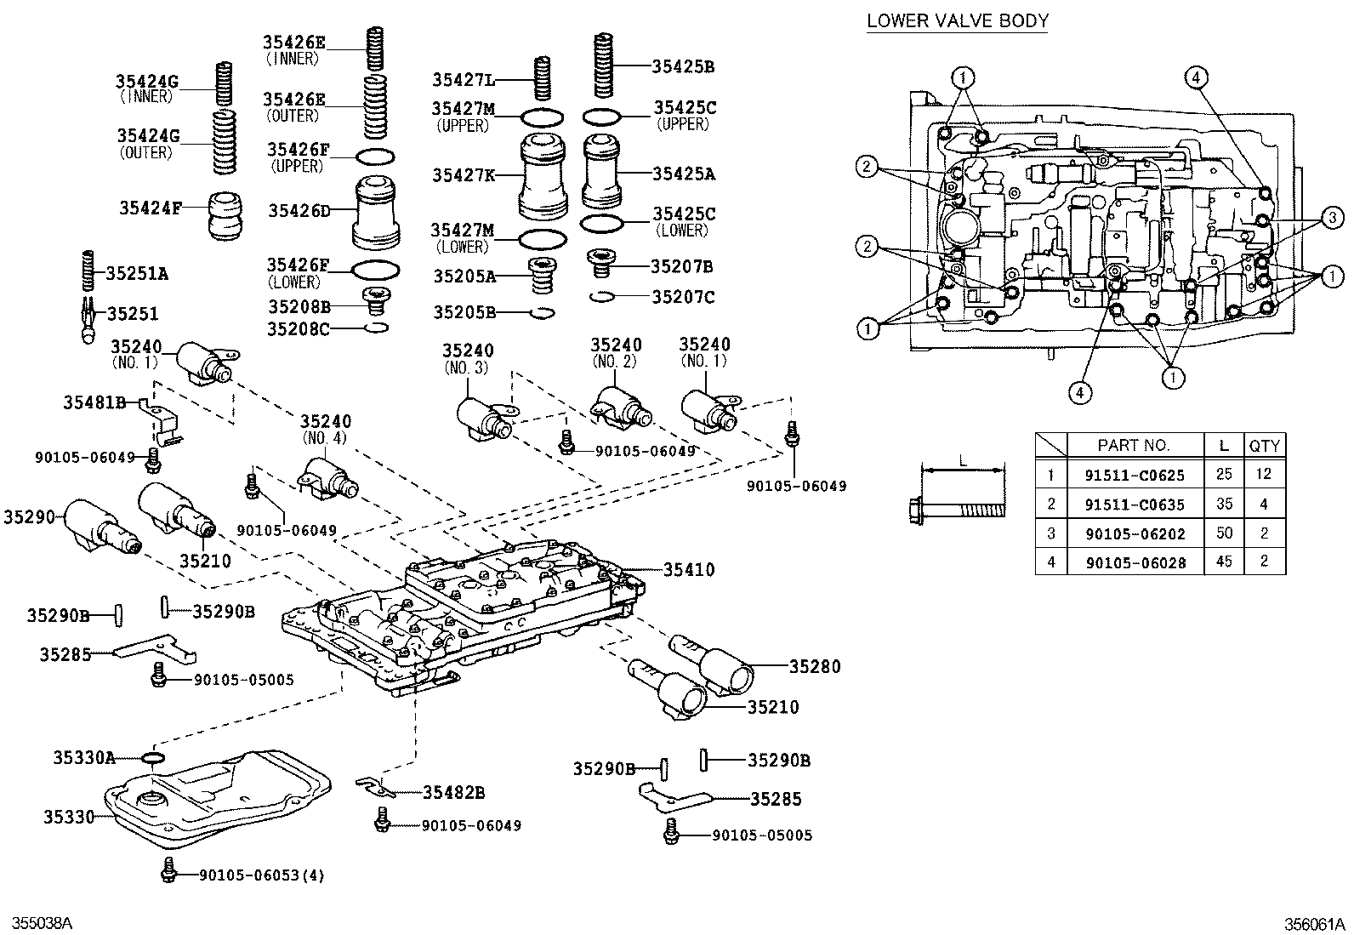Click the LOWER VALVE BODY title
click(958, 20)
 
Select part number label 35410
click(689, 570)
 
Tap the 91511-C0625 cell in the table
click(1134, 476)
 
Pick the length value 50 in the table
click(1224, 533)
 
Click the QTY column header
click(1264, 445)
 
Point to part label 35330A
click(83, 757)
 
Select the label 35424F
click(150, 207)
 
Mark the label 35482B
click(453, 793)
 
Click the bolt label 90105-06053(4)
click(261, 875)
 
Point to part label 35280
click(814, 666)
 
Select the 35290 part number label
click(28, 516)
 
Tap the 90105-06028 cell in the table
click(1134, 562)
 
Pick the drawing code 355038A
click(41, 924)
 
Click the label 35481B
click(94, 402)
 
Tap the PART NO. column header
click(1134, 445)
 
